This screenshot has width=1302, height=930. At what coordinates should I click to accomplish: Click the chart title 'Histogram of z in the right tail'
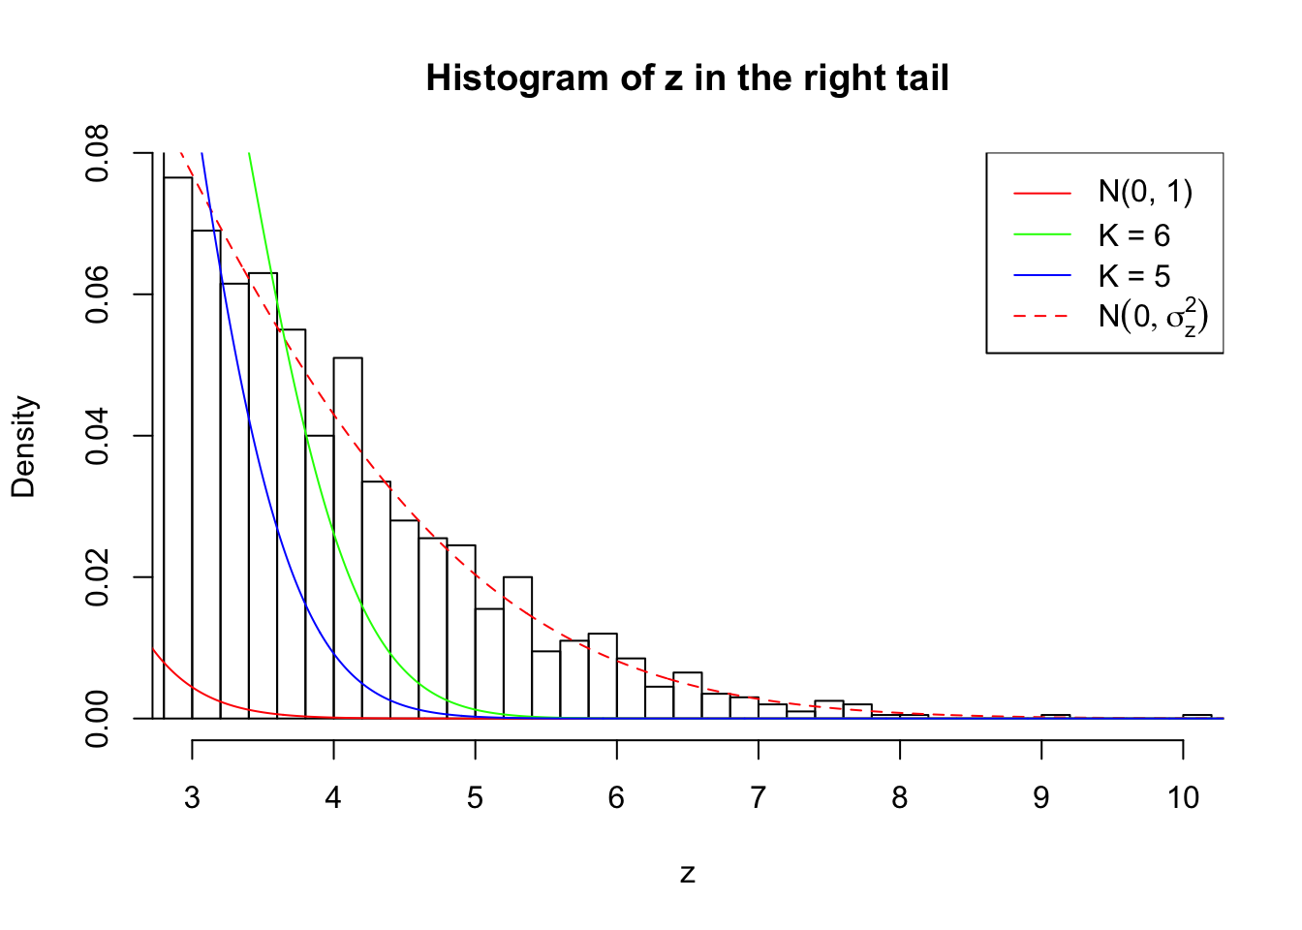[x=687, y=77]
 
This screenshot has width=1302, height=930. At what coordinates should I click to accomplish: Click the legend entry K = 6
[x=1133, y=235]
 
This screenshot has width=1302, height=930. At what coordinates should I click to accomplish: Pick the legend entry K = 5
[x=1133, y=276]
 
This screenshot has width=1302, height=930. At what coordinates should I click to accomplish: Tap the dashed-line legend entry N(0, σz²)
[x=1153, y=317]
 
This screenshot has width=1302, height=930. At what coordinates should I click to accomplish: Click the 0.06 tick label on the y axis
[x=98, y=294]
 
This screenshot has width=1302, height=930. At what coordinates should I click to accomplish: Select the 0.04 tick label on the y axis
[x=98, y=436]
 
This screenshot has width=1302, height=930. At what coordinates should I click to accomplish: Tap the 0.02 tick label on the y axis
[x=98, y=577]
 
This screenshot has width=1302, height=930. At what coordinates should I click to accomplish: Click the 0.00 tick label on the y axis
[x=98, y=719]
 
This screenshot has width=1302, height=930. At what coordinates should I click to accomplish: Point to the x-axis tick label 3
[x=192, y=797]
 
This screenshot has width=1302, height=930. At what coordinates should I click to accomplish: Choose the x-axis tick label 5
[x=475, y=797]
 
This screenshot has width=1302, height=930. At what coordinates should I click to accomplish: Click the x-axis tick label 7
[x=758, y=797]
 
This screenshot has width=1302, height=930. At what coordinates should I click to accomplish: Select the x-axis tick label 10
[x=1183, y=797]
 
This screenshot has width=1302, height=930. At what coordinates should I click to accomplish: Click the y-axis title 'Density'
[x=24, y=446]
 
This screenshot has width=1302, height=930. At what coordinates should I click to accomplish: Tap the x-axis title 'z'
[x=687, y=874]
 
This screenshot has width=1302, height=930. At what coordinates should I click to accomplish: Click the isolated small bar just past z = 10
[x=1197, y=716]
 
